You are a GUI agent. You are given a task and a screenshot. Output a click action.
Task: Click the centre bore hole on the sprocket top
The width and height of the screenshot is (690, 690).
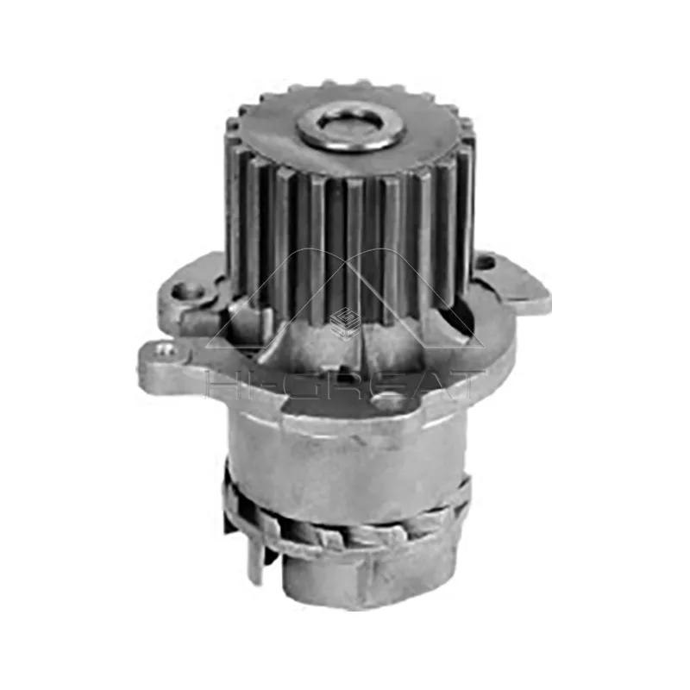tap(351, 126)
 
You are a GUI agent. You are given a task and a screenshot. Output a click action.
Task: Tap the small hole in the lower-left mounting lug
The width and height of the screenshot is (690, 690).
tap(160, 348)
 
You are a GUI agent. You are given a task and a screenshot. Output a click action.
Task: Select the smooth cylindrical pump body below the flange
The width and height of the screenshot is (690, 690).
tap(345, 457)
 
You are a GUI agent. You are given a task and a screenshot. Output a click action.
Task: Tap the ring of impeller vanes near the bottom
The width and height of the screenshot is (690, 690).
tap(345, 526)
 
